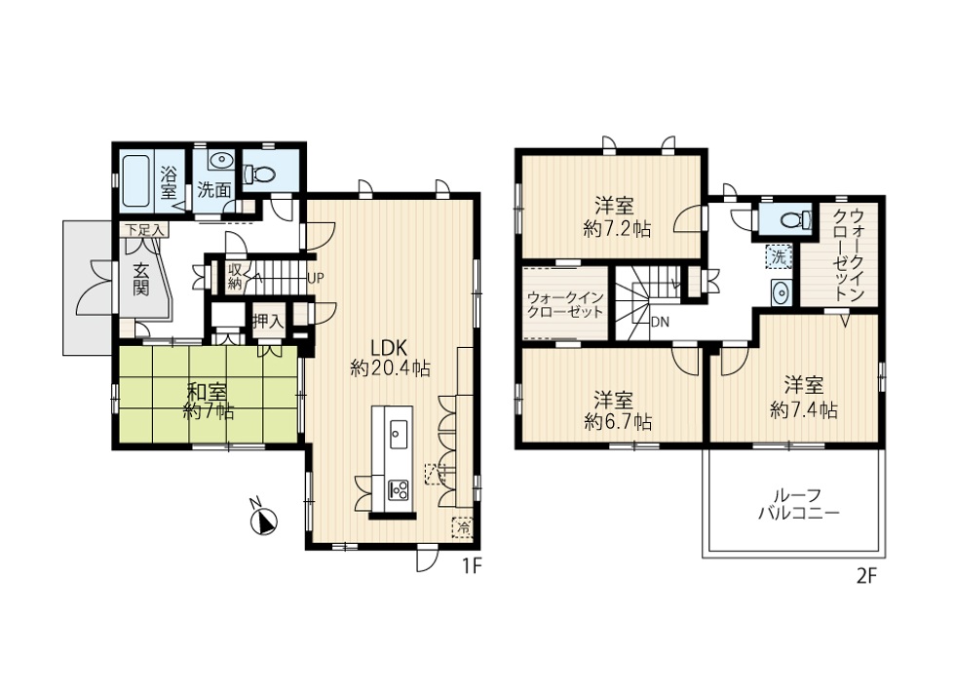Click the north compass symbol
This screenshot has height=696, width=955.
click(x=264, y=520)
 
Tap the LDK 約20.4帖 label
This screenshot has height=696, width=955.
click(x=390, y=358)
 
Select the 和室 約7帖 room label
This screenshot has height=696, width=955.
click(x=208, y=401)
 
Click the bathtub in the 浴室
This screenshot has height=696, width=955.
click(x=135, y=181)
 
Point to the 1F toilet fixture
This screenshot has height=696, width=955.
click(x=260, y=174)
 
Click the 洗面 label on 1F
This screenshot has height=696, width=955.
click(x=213, y=189)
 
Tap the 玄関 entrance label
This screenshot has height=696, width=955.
click(x=141, y=280)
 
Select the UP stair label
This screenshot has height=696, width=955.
click(x=316, y=279)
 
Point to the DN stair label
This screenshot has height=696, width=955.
click(x=660, y=322)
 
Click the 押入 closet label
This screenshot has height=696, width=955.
click(x=268, y=321)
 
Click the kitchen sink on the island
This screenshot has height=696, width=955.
click(x=399, y=434)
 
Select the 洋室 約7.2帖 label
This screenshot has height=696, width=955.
click(x=617, y=217)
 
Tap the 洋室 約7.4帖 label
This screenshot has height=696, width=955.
click(x=803, y=398)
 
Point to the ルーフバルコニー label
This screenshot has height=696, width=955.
click(x=799, y=503)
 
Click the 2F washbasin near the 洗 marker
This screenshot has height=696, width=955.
click(x=781, y=293)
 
